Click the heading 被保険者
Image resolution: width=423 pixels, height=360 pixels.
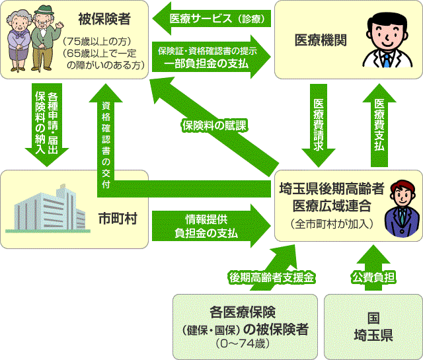click(104, 19)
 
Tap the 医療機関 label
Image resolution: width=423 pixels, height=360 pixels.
click(321, 40)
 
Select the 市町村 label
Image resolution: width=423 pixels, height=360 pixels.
click(118, 219)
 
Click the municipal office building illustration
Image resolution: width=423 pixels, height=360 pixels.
click(48, 208)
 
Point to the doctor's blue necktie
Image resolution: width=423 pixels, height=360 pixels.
click(387, 60)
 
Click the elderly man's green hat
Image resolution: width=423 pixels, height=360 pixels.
click(44, 10)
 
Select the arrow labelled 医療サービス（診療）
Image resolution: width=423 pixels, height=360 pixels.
click(211, 18)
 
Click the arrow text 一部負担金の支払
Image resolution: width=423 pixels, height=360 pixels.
click(206, 63)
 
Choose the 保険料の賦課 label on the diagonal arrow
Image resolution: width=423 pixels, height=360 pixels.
click(214, 126)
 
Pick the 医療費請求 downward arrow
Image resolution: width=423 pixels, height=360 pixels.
click(319, 125)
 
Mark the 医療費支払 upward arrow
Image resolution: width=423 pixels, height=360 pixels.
click(379, 125)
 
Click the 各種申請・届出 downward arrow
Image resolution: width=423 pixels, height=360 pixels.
click(47, 125)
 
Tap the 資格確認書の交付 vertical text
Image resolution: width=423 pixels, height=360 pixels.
click(106, 145)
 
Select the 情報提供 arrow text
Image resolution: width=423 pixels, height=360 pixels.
click(206, 219)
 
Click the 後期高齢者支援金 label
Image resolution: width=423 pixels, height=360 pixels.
click(272, 277)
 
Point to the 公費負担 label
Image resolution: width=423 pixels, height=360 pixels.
click(373, 277)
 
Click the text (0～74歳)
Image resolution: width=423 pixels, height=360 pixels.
click(243, 344)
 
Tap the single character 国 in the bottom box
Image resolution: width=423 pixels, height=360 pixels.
click(373, 318)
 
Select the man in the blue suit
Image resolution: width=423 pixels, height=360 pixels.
click(402, 209)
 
